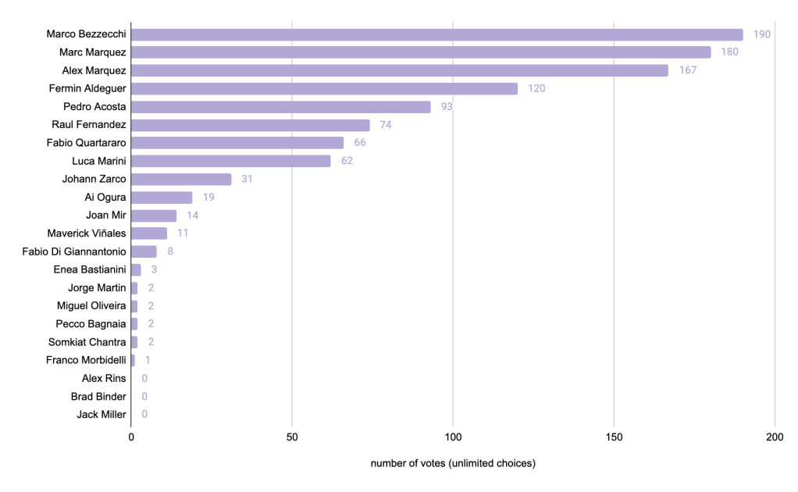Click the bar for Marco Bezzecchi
click(437, 34)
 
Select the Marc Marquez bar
click(421, 52)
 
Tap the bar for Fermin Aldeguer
click(324, 88)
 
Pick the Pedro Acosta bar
click(281, 107)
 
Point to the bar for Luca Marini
click(231, 161)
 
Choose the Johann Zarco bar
click(181, 180)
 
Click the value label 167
click(687, 70)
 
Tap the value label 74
click(387, 125)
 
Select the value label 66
click(360, 143)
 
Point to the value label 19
click(208, 198)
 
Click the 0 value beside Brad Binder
click(144, 397)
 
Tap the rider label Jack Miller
click(102, 415)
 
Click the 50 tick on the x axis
click(292, 437)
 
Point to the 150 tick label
click(614, 437)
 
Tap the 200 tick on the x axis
click(775, 437)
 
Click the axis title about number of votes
click(453, 464)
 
